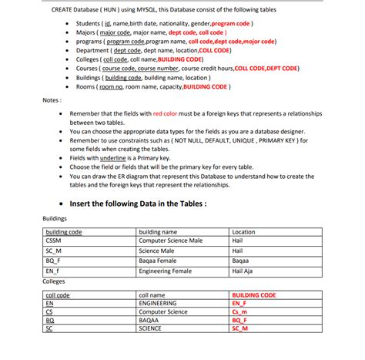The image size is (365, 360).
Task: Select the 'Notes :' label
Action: point(52,99)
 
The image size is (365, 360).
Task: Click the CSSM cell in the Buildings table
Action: point(54,241)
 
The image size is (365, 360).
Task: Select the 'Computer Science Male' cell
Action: point(170,241)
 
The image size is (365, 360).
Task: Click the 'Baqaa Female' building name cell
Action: point(158,260)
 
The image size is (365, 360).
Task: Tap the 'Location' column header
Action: point(243,231)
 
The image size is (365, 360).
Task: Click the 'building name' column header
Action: point(158,231)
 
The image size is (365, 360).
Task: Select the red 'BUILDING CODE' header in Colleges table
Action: point(253,294)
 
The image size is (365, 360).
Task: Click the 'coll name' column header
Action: point(152,294)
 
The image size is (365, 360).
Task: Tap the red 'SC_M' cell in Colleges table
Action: point(240,328)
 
